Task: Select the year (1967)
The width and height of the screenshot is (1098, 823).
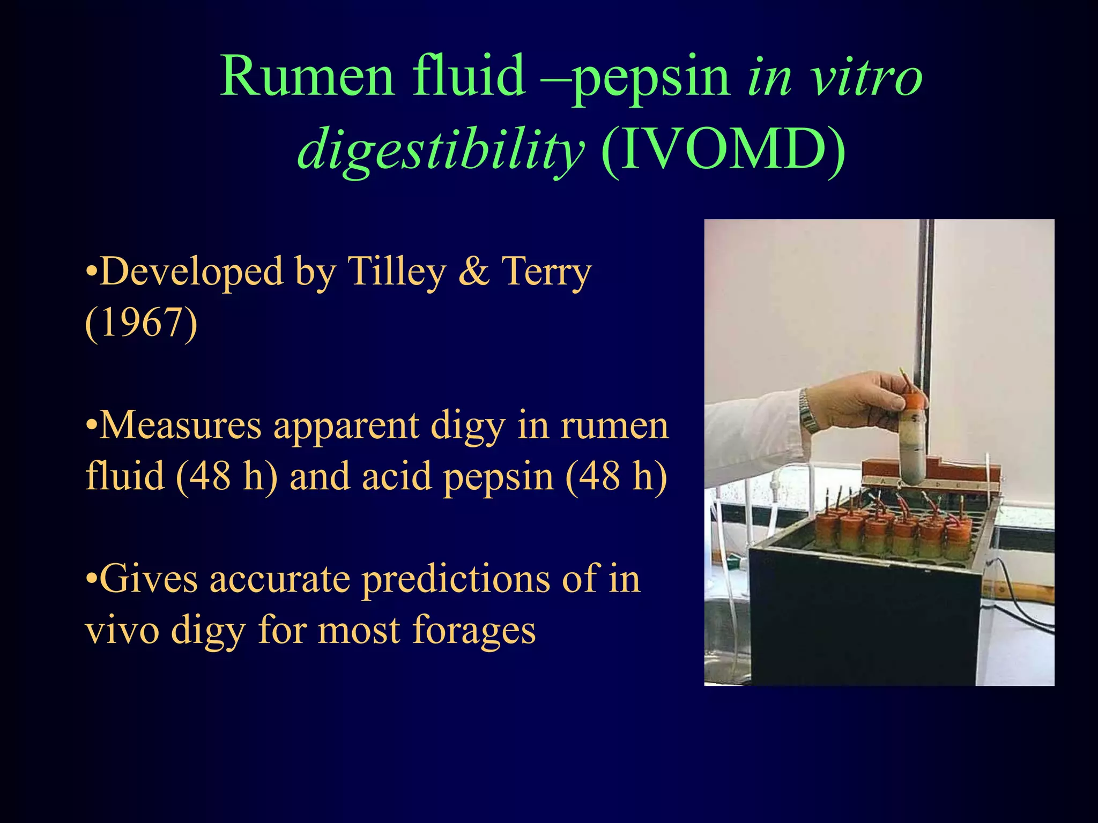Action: pos(142,323)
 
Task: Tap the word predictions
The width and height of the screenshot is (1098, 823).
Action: pos(456,580)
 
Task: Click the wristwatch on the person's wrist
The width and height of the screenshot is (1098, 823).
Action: pos(807,410)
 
